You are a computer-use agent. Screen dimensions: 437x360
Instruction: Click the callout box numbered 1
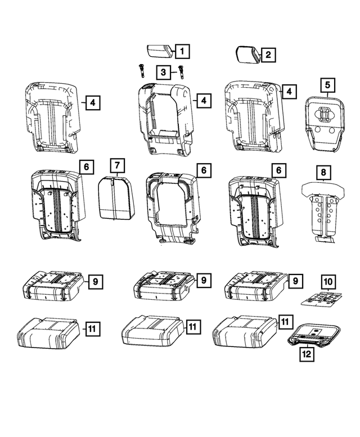point(181,52)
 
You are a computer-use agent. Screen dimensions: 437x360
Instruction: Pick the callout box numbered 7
point(116,166)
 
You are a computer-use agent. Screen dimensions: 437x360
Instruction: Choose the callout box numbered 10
point(328,280)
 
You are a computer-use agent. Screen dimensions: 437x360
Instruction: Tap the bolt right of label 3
point(181,71)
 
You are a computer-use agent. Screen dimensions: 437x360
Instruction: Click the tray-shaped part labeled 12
point(312,335)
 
